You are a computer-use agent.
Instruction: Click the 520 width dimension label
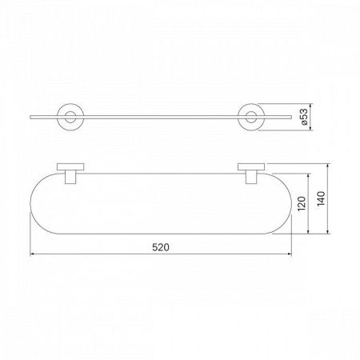(161, 247)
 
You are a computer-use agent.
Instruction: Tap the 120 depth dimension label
(302, 204)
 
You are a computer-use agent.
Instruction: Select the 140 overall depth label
(321, 198)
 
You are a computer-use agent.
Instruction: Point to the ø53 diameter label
(304, 117)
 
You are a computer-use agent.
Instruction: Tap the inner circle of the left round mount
(70, 112)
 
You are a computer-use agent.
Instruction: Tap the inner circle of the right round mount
(251, 112)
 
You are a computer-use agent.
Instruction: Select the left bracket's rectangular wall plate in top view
(70, 166)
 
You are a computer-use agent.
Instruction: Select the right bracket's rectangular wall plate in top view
(251, 166)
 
